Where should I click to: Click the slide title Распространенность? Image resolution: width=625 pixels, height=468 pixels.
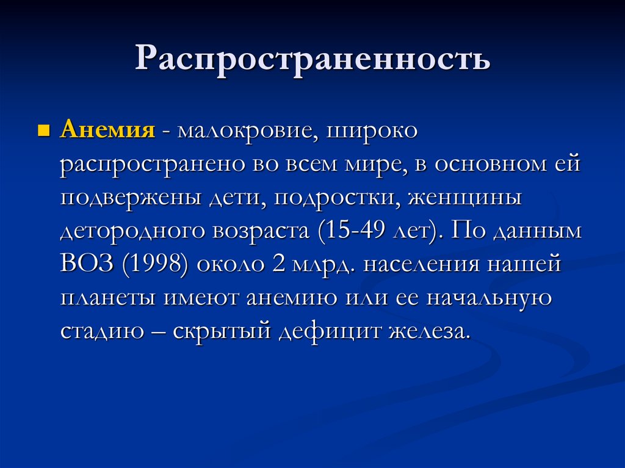tap(312, 60)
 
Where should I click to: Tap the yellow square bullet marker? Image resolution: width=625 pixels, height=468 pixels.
tap(43, 131)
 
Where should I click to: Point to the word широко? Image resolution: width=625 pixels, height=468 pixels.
tap(372, 132)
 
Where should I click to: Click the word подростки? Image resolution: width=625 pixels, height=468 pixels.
tap(333, 199)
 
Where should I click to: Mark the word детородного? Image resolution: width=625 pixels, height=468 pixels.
tap(131, 232)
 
